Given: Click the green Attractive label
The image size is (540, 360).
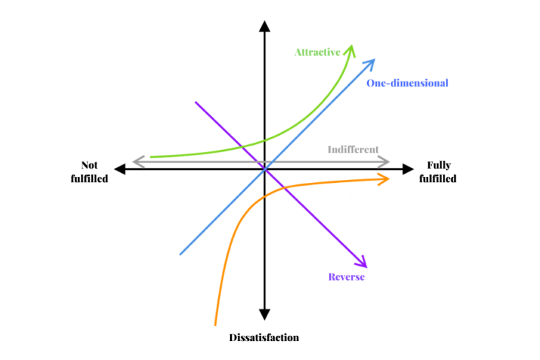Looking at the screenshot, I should tap(317, 52).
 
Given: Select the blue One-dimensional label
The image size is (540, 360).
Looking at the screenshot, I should tap(407, 83).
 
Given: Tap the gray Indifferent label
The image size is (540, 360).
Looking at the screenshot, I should tap(353, 149).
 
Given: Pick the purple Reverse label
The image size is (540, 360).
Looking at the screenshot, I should tap(347, 276).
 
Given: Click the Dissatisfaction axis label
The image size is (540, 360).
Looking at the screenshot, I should tap(264, 337).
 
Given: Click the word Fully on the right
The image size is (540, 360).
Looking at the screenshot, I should tap(439, 165).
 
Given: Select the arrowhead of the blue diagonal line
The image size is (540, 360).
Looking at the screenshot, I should tap(371, 62).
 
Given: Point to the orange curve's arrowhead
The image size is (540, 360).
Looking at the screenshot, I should tap(385, 179).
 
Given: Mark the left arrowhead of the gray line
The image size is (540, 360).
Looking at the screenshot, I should tap(136, 162).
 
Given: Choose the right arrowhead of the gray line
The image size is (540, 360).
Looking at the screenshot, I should tap(386, 162).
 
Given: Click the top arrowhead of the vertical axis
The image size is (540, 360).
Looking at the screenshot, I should tap(264, 26).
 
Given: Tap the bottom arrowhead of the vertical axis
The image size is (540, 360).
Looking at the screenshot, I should tap(264, 315).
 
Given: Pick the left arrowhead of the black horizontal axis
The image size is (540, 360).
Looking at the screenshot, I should tap(118, 169).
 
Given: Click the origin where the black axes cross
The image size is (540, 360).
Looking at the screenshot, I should tap(264, 169).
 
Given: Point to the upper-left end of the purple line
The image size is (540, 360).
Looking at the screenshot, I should tap(195, 103).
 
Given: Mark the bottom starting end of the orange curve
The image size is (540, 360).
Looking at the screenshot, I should tap(215, 324).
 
